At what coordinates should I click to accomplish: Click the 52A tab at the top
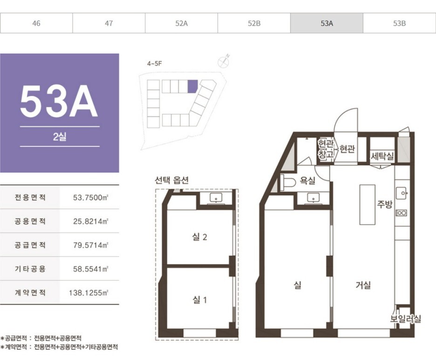(181, 23)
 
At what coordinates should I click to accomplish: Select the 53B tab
(399, 23)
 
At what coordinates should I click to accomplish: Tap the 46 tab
(36, 23)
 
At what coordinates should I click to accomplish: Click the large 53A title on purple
(59, 101)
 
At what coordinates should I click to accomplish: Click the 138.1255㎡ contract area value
(89, 293)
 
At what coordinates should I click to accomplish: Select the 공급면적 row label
(30, 245)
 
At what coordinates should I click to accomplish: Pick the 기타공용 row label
(30, 269)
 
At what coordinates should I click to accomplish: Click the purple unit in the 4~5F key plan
(193, 86)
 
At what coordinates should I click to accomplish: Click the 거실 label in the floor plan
(363, 285)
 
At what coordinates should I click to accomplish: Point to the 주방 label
(385, 204)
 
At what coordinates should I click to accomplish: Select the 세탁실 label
(382, 156)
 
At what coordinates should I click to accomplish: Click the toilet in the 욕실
(288, 183)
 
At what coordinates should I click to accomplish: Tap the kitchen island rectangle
(368, 204)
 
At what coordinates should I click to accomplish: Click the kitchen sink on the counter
(402, 193)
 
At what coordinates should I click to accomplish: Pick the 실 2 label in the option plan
(200, 237)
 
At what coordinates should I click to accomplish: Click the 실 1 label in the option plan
(200, 300)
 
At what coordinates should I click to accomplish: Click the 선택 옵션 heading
(172, 180)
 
